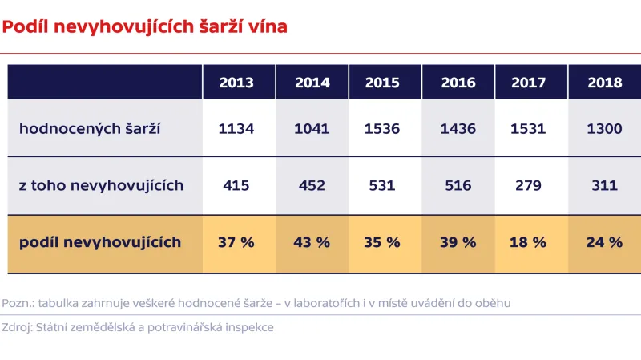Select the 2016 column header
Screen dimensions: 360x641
coord(458,83)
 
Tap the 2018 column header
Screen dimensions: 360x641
coord(605,83)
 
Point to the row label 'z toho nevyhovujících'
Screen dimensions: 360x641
coord(101,185)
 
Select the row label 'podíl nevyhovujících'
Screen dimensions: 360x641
coord(100,241)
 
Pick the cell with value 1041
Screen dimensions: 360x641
coord(312,128)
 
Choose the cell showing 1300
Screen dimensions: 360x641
coord(605,128)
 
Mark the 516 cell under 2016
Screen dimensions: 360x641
coord(458,185)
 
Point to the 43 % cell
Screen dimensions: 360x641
coord(312,241)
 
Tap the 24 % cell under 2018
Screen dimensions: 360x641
coord(605,241)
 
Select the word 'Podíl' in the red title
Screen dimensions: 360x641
coord(24,26)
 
